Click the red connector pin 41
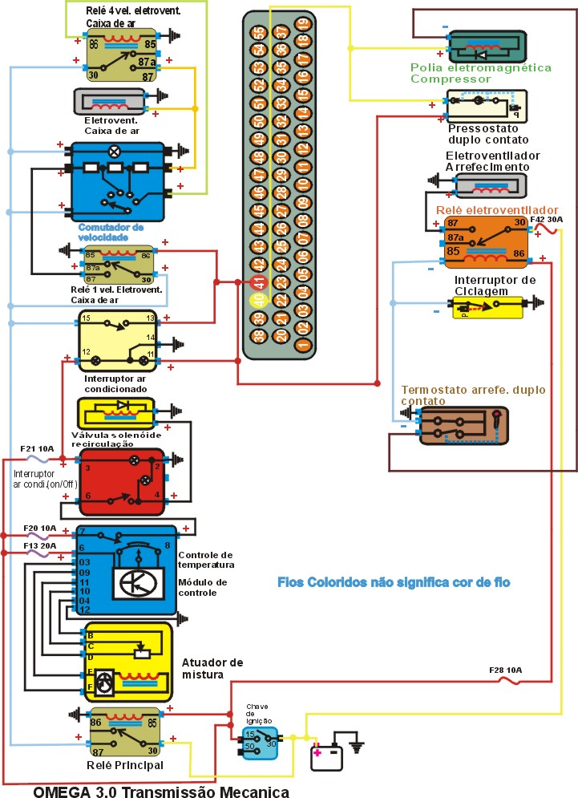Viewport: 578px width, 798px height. click(x=259, y=282)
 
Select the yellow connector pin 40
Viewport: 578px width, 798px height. click(x=259, y=301)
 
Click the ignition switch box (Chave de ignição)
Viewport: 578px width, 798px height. click(x=260, y=739)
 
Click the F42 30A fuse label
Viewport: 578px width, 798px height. click(x=547, y=219)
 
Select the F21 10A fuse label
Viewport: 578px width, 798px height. click(x=37, y=449)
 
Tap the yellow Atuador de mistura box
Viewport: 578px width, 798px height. click(x=128, y=662)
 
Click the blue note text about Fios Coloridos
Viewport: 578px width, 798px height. click(x=394, y=581)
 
